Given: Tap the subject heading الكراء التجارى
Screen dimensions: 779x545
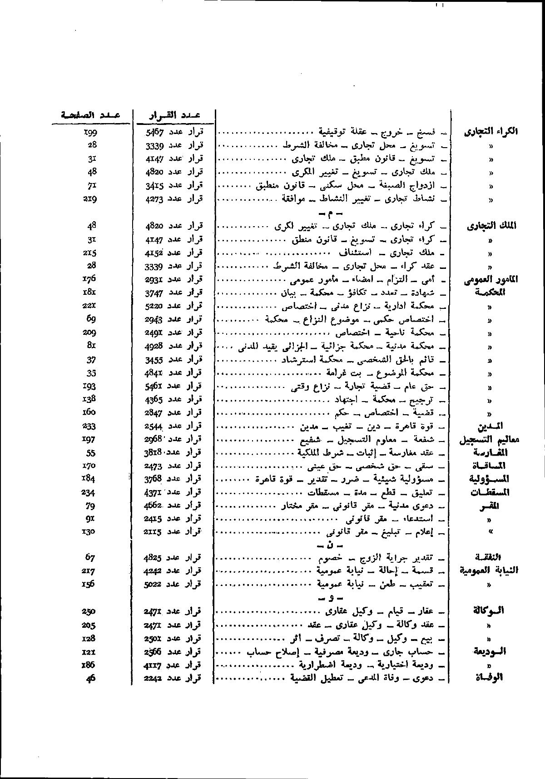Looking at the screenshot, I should (491, 132).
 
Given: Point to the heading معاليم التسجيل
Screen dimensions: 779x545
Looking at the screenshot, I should (489, 440).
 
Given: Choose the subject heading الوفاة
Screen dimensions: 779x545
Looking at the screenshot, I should (493, 678).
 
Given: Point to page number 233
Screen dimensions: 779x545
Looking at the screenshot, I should (89, 426).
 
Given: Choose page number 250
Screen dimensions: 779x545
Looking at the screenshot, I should (89, 611).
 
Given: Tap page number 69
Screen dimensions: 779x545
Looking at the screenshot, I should (91, 319).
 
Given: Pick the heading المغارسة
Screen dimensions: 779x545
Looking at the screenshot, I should (490, 453).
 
